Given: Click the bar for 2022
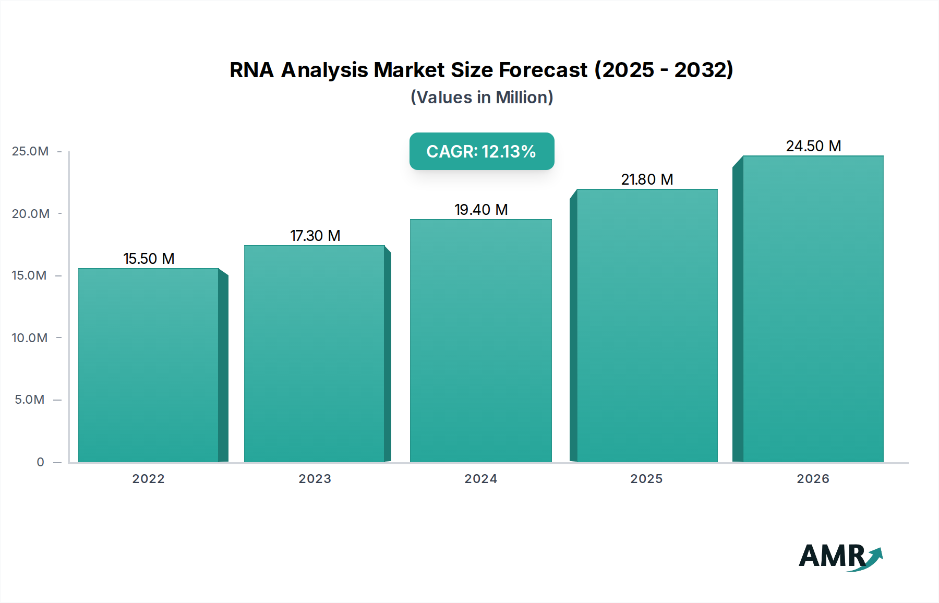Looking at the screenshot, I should click(x=149, y=365).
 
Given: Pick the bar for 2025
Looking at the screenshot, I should click(x=647, y=325).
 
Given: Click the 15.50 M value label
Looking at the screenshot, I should click(x=149, y=259).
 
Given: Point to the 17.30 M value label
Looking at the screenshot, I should click(x=315, y=236).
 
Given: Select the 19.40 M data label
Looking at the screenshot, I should click(x=481, y=210).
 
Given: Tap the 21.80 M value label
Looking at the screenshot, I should click(x=647, y=179).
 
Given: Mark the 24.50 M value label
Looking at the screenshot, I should click(x=813, y=146).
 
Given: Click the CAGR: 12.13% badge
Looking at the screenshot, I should click(x=481, y=151).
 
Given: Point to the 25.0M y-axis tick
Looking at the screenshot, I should click(x=30, y=151).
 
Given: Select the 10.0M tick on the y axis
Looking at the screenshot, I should click(x=30, y=338).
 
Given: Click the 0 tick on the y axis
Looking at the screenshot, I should click(x=40, y=462).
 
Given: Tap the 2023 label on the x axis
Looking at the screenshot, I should click(x=315, y=479).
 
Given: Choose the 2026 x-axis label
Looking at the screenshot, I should click(x=813, y=479).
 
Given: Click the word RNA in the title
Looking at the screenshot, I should click(x=251, y=70).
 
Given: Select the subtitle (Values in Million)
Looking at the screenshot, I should click(x=481, y=98).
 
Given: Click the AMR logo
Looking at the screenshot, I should click(x=840, y=556).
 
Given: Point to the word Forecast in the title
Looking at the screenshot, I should click(x=543, y=70).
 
